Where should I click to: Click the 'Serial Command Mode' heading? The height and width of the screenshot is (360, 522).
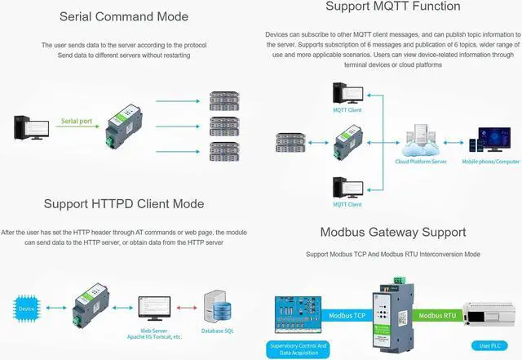tap(123, 16)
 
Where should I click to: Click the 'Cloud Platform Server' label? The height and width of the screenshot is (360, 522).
tap(421, 162)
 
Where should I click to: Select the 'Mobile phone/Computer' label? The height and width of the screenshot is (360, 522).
tap(491, 162)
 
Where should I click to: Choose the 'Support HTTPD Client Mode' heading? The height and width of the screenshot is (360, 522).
tap(124, 203)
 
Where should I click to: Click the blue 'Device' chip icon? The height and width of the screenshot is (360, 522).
tap(27, 309)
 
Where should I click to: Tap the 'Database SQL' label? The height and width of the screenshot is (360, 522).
tap(218, 331)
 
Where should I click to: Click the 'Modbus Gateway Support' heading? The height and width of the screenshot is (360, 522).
tap(393, 233)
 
